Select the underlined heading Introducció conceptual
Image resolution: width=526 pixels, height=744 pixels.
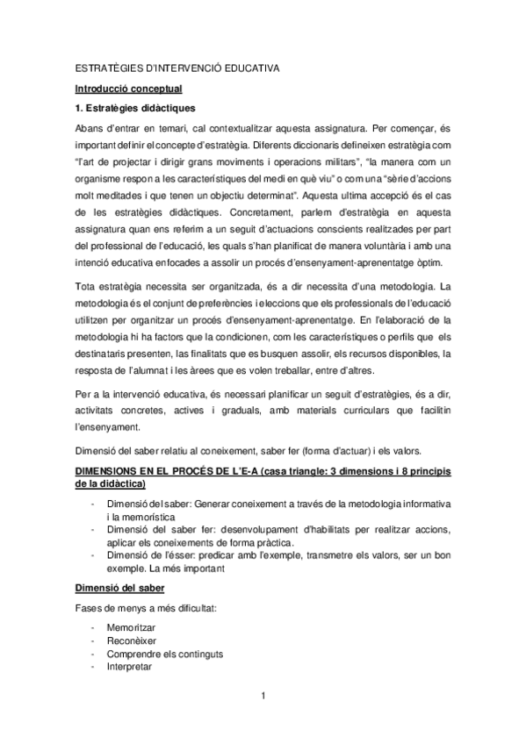click(128, 88)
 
